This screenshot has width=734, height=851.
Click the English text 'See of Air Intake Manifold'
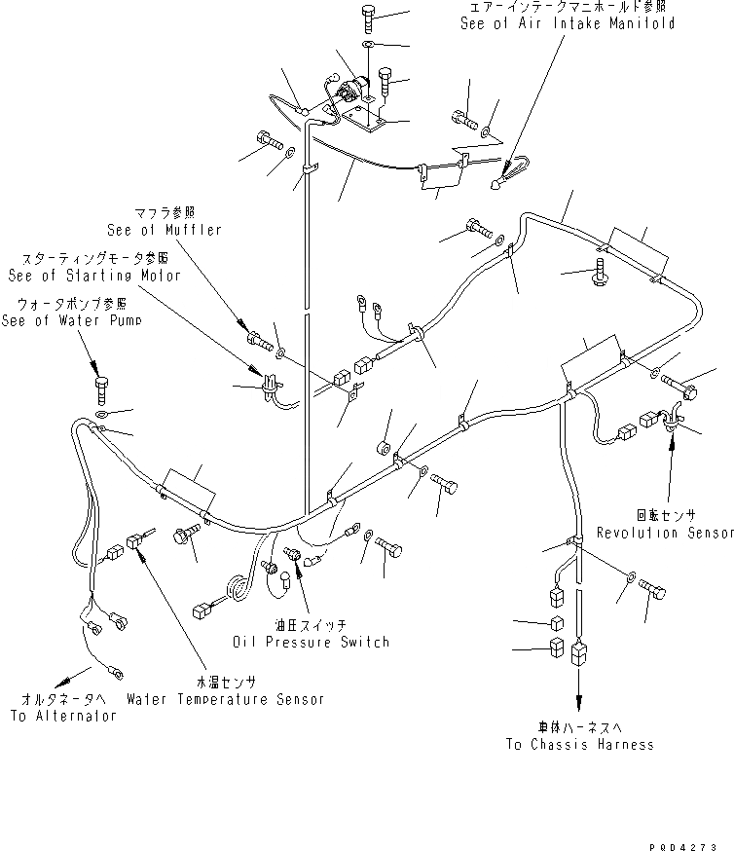click(x=568, y=23)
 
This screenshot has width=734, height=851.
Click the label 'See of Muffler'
click(x=165, y=230)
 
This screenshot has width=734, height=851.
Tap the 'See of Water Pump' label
click(x=71, y=320)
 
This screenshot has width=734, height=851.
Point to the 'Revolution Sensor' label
click(x=665, y=533)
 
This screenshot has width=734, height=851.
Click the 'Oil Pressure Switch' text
click(x=311, y=642)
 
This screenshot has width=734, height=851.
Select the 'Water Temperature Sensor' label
click(x=225, y=699)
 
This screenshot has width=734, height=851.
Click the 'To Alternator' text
click(x=63, y=716)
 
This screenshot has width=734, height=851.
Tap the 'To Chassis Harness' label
click(x=579, y=745)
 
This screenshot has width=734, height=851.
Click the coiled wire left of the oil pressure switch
click(x=237, y=590)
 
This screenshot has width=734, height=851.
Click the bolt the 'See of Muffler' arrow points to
click(x=257, y=339)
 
